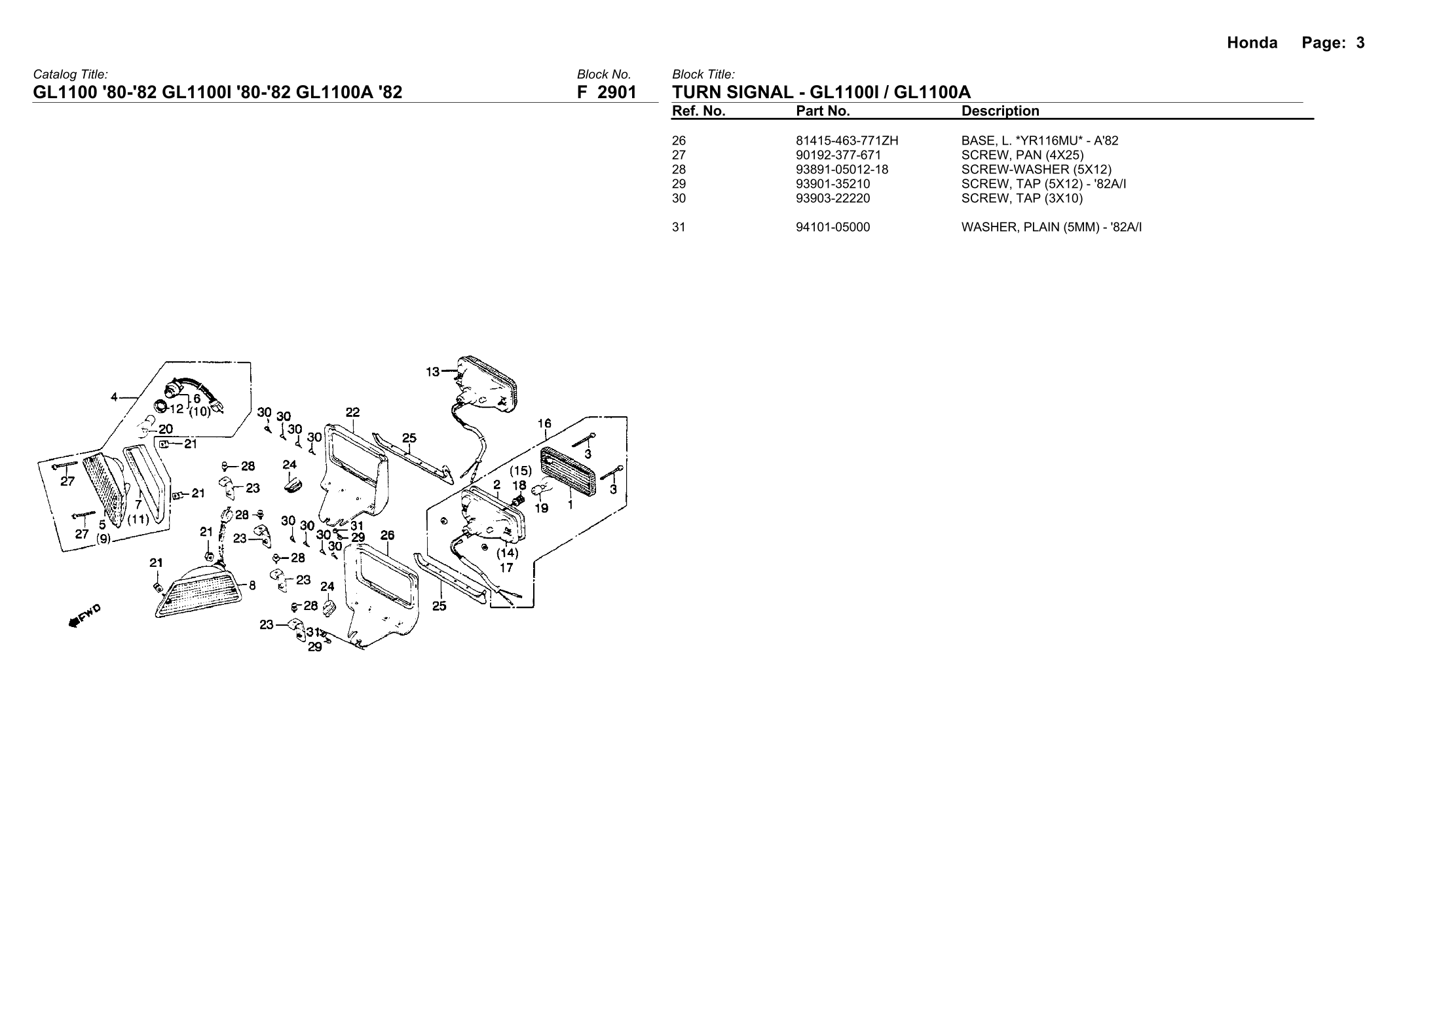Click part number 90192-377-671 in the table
point(838,155)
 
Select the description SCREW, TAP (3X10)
point(1022,198)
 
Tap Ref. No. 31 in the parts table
point(679,227)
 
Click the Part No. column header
point(823,111)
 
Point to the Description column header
point(1000,111)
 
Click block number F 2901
point(607,92)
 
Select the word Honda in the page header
point(1252,43)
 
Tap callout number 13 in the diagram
point(432,372)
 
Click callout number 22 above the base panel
point(352,412)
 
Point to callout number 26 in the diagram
point(387,535)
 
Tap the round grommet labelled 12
point(160,406)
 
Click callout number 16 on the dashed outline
point(544,423)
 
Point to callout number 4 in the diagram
point(114,397)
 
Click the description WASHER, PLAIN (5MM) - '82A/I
point(1051,227)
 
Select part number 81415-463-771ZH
point(847,141)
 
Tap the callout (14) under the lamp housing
point(507,553)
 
